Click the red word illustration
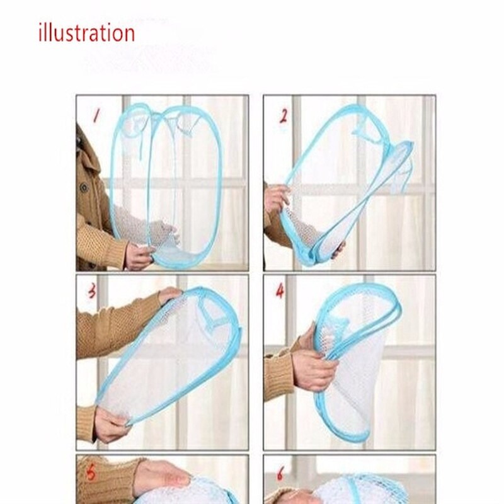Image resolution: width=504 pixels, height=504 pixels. [86, 33]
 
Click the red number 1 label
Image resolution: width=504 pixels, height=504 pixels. [96, 116]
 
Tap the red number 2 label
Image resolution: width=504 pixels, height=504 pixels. [283, 117]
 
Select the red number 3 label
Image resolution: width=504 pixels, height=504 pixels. [92, 291]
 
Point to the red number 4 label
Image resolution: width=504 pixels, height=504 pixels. [280, 291]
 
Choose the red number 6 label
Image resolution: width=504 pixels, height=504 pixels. [280, 473]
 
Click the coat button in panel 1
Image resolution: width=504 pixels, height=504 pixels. [84, 188]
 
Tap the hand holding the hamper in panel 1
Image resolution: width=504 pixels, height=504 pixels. [140, 255]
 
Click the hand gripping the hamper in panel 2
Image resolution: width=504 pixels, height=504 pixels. [277, 198]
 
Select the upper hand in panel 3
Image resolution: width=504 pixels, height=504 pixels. [169, 295]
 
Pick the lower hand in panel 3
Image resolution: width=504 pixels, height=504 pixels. [110, 423]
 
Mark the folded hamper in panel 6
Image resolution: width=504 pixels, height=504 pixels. [360, 490]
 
